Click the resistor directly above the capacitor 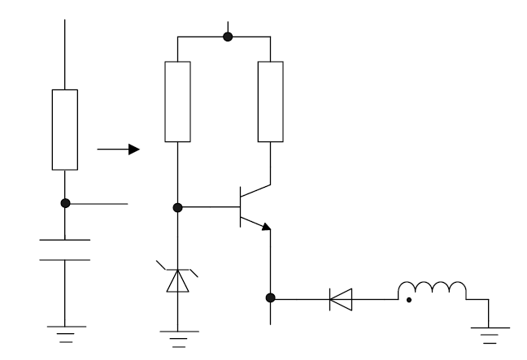click(x=65, y=129)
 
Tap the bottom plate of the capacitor click(x=65, y=260)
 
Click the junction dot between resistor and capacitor click(x=65, y=203)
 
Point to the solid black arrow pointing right click(x=118, y=150)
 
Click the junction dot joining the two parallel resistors click(x=228, y=37)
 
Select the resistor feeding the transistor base click(x=177, y=101)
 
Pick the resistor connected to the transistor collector click(x=270, y=101)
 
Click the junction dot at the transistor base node click(x=177, y=207)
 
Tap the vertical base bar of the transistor click(x=242, y=207)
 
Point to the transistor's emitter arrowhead click(x=264, y=228)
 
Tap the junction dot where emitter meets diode click(x=270, y=299)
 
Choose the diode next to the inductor click(x=339, y=299)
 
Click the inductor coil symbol click(x=431, y=290)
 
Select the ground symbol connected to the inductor click(x=488, y=330)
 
